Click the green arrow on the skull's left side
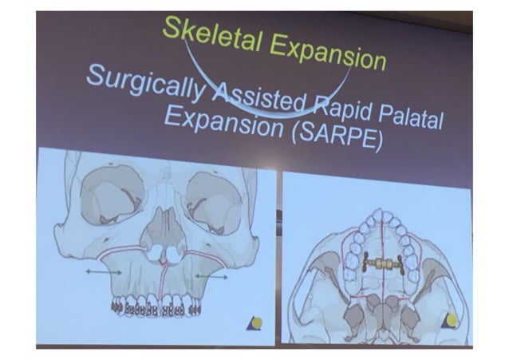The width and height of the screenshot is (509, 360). (105, 273)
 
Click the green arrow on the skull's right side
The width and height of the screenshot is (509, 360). (209, 276)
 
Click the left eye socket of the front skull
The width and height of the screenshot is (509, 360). (113, 196)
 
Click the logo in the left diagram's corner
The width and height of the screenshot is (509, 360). (254, 323)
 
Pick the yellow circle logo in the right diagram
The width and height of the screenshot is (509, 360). (451, 320)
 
